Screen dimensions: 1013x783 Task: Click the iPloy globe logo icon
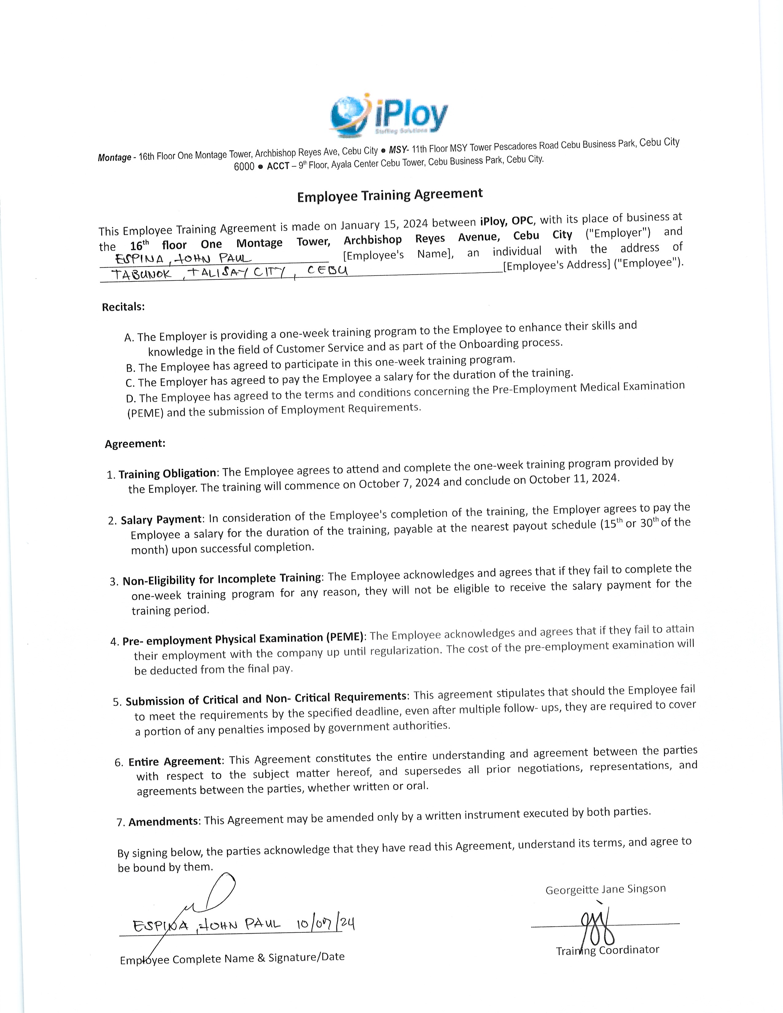point(349,116)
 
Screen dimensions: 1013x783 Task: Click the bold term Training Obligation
point(167,473)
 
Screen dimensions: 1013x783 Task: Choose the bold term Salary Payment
point(161,519)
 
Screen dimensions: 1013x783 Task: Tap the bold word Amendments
point(163,821)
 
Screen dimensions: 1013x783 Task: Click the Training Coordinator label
point(608,950)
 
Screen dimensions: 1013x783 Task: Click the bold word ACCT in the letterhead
point(278,165)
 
